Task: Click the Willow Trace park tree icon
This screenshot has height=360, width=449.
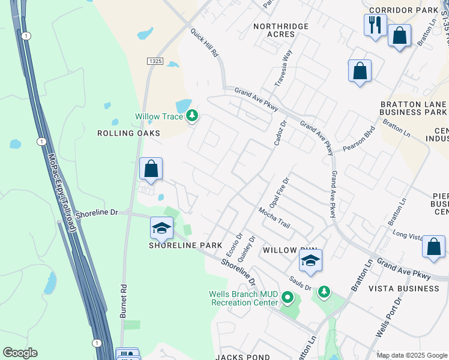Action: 192,116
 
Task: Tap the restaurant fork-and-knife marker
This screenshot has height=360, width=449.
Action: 375,26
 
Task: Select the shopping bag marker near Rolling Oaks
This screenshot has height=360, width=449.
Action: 151,169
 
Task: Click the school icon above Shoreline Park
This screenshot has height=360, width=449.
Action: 161,229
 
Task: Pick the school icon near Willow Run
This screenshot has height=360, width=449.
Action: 310,260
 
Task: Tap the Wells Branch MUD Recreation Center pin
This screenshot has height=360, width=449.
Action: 288,298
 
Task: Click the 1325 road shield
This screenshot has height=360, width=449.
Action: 155,61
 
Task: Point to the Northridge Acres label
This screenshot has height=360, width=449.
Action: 281,30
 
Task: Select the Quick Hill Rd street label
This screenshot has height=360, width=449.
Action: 205,43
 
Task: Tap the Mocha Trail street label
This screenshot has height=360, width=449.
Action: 274,218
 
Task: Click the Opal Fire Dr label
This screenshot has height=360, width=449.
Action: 282,192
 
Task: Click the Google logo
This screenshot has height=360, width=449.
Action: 20,353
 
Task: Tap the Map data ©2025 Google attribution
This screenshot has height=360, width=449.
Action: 411,355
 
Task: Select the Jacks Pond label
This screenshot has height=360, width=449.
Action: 244,357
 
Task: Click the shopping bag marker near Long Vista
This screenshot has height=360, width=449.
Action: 433,247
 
